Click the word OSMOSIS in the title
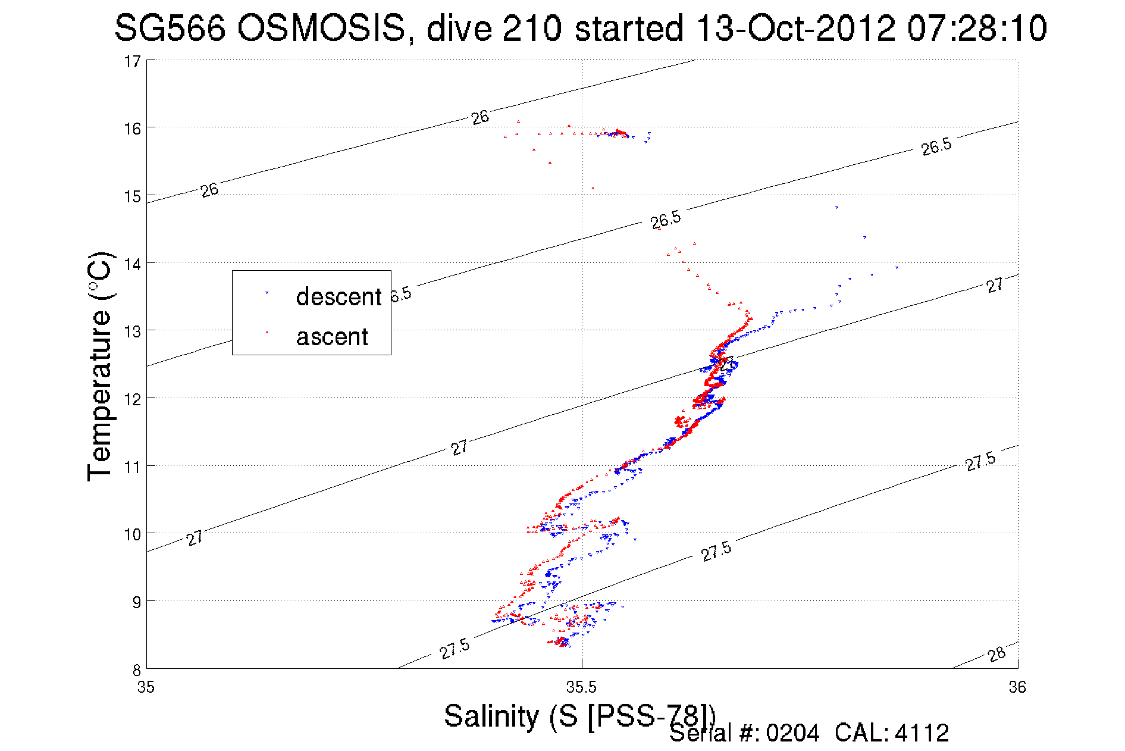pyautogui.click(x=321, y=28)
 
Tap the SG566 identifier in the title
pyautogui.click(x=170, y=28)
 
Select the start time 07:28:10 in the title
pyautogui.click(x=977, y=28)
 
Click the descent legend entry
pyautogui.click(x=338, y=296)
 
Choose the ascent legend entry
pyautogui.click(x=332, y=337)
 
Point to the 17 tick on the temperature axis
pyautogui.click(x=132, y=61)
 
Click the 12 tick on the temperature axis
pyautogui.click(x=132, y=399)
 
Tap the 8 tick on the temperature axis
pyautogui.click(x=136, y=669)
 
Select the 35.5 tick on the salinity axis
pyautogui.click(x=581, y=687)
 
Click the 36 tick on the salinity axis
pyautogui.click(x=1017, y=687)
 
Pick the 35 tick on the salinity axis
pyautogui.click(x=146, y=687)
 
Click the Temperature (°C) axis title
pyautogui.click(x=99, y=365)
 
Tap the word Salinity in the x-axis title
pyautogui.click(x=491, y=715)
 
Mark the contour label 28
pyautogui.click(x=996, y=654)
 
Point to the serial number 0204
pyautogui.click(x=792, y=733)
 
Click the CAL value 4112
pyautogui.click(x=922, y=733)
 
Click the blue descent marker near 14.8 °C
pyautogui.click(x=836, y=208)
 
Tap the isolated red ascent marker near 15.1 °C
pyautogui.click(x=593, y=188)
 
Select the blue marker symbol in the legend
pyautogui.click(x=267, y=293)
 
